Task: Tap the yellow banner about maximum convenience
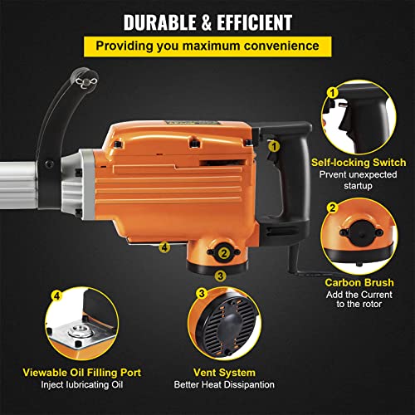207,46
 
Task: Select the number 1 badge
332,94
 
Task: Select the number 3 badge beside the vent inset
202,293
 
